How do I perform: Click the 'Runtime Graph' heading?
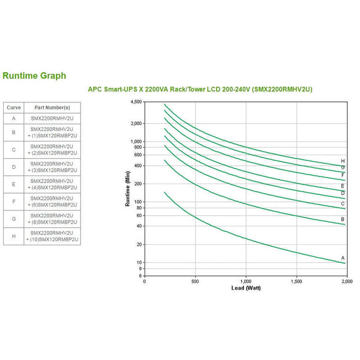tap(34, 76)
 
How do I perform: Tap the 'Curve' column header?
tap(13, 107)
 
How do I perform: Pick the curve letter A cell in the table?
tap(13, 118)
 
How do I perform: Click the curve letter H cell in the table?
tap(13, 236)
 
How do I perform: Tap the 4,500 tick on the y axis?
tap(135, 102)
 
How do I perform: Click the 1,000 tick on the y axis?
tap(136, 141)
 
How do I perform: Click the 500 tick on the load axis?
tap(195, 282)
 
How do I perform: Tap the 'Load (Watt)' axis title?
tap(245, 287)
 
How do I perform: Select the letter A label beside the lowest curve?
tap(343, 257)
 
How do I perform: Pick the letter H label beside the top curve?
tap(343, 161)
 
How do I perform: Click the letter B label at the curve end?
tap(343, 219)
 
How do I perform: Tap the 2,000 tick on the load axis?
tap(346, 282)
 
